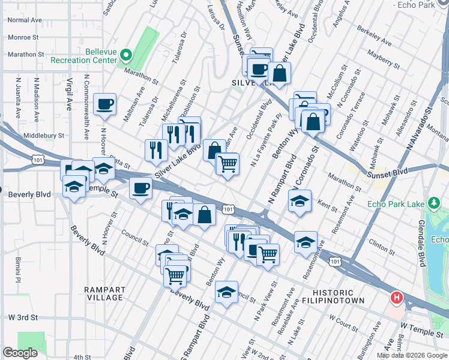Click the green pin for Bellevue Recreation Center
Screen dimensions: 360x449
click(126, 56)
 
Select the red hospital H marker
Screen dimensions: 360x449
click(396, 297)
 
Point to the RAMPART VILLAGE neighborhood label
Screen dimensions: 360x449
click(104, 293)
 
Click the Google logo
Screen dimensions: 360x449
click(20, 353)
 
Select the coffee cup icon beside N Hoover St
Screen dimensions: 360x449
click(105, 104)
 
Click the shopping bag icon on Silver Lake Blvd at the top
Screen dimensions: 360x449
click(279, 73)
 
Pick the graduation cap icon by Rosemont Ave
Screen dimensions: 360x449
click(306, 241)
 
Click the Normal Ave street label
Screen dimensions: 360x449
click(25, 20)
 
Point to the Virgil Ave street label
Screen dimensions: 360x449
click(69, 95)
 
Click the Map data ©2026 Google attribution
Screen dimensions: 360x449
click(412, 355)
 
